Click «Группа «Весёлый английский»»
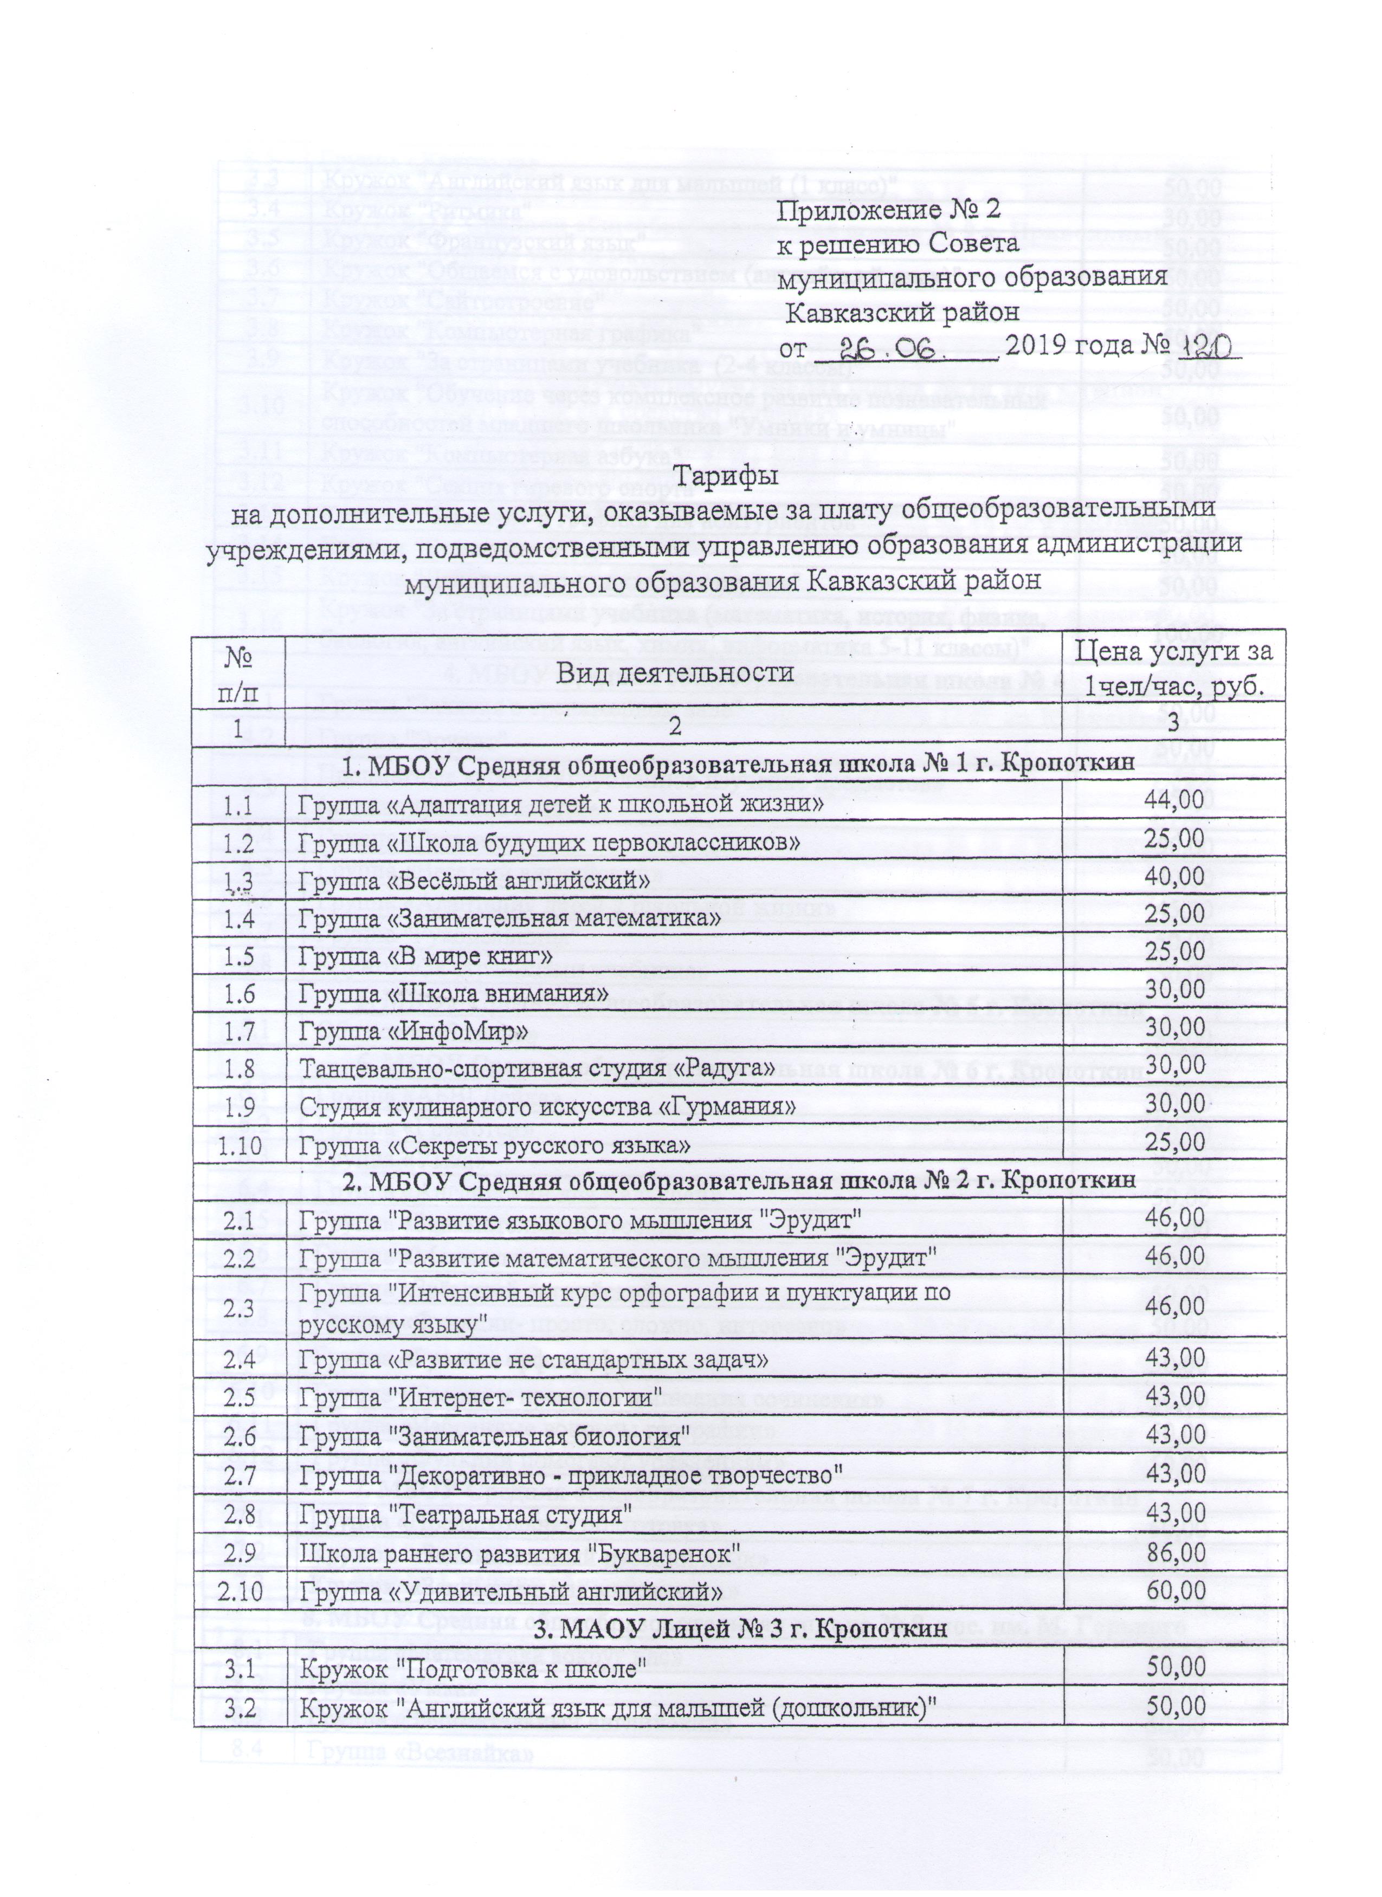[x=475, y=880]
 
